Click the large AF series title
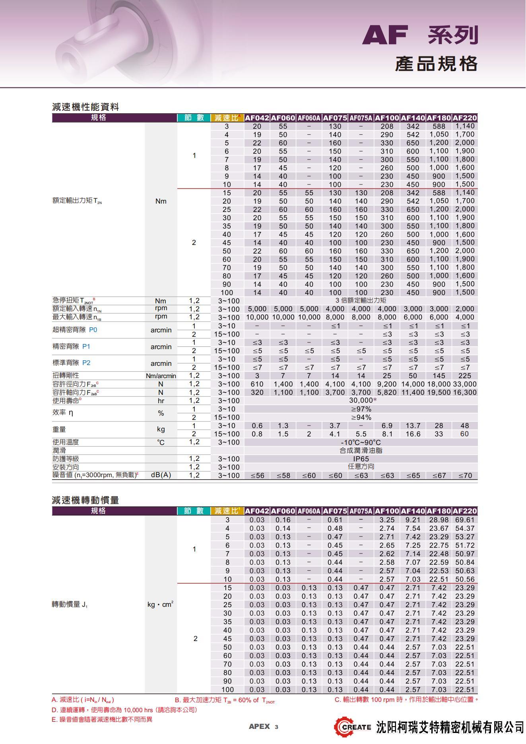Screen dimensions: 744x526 tap(419, 35)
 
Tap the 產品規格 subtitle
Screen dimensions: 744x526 tap(436, 64)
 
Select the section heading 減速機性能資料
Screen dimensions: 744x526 tap(85, 107)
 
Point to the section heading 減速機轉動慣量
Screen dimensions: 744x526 tap(85, 500)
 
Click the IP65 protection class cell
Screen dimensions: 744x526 tap(361, 459)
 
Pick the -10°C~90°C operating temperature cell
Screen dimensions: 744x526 tap(361, 443)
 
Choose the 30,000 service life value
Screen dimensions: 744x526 tap(361, 400)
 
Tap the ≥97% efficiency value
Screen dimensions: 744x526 tap(361, 409)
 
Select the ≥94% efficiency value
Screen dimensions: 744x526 tap(361, 418)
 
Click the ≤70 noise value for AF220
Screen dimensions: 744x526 tap(465, 476)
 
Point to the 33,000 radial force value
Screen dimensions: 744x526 tap(465, 384)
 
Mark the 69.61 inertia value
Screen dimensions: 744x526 tap(465, 520)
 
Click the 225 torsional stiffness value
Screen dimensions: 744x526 tap(465, 376)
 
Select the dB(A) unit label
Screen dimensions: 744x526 tap(161, 475)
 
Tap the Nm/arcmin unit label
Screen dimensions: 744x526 tap(161, 376)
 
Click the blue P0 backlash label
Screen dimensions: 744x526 tap(93, 330)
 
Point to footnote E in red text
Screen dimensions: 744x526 tap(102, 719)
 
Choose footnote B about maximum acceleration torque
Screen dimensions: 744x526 tap(225, 700)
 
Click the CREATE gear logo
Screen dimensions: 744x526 tap(352, 727)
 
